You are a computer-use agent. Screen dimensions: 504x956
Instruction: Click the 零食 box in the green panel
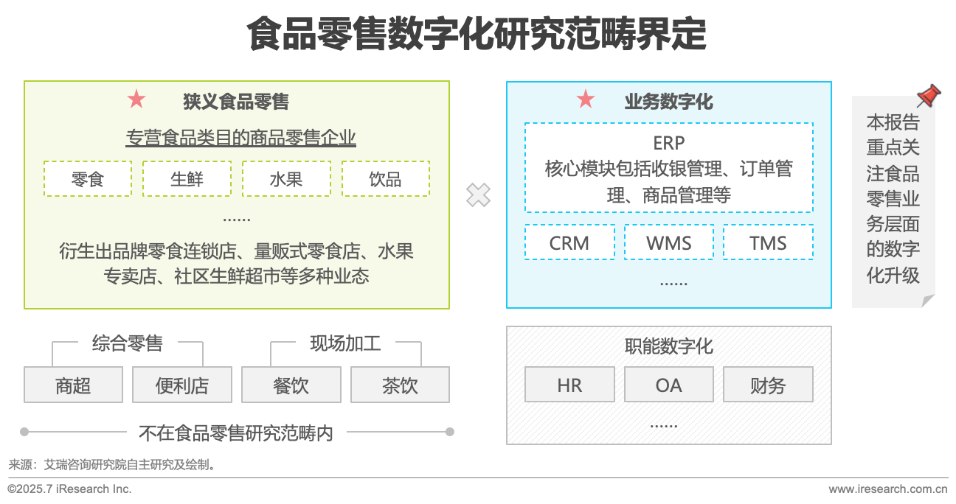[x=88, y=179]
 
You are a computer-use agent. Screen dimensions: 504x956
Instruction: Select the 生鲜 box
[x=187, y=179]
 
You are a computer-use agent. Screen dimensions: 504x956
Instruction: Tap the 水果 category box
[x=286, y=179]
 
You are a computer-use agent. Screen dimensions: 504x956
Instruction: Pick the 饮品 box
[x=385, y=179]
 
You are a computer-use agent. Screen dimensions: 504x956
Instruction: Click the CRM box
[x=569, y=242]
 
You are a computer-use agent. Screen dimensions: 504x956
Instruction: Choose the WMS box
[x=669, y=242]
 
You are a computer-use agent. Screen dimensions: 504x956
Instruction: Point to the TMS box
[x=768, y=242]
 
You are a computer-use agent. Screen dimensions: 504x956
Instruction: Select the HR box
[x=569, y=385]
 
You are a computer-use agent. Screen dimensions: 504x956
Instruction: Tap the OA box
[x=669, y=385]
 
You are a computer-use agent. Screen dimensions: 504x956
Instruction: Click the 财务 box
[x=768, y=385]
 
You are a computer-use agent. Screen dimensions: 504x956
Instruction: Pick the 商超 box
[x=73, y=385]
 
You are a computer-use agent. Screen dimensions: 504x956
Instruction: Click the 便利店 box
[x=182, y=385]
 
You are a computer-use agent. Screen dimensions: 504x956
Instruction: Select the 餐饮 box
[x=291, y=385]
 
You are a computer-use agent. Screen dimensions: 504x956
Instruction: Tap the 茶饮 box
[x=400, y=385]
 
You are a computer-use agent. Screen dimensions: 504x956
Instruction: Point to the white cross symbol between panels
[x=478, y=195]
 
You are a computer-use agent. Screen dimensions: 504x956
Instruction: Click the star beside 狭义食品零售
[x=136, y=99]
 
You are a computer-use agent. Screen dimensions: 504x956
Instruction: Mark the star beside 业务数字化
[x=586, y=99]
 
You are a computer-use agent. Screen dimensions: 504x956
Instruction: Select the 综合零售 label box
[x=128, y=343]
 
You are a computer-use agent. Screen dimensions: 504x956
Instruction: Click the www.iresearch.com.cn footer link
[x=887, y=489]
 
